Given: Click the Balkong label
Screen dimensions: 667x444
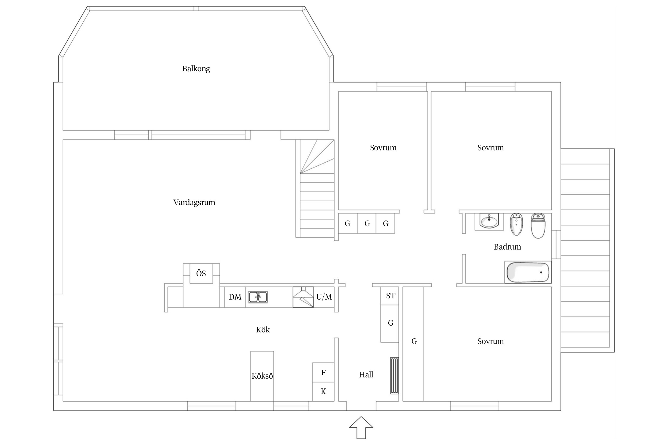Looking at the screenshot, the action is [196, 69].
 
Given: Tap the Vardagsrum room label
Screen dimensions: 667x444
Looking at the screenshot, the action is [194, 202].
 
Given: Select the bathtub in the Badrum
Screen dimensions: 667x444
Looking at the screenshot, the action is [528, 272].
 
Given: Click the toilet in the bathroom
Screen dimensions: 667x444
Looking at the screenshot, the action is [538, 226].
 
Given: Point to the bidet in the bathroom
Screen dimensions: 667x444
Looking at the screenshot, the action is [516, 224].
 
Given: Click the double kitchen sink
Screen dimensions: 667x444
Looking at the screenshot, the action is [258, 297].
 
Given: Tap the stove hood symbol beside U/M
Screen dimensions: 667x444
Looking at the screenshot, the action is [303, 297].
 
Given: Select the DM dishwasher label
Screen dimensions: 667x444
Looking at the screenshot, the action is [235, 297].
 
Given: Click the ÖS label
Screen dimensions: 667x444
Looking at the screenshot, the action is [201, 273].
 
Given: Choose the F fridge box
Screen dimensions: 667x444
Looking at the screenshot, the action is [323, 372].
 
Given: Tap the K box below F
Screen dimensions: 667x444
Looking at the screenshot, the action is [323, 392].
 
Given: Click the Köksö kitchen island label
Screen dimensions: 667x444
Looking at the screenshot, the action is [262, 376].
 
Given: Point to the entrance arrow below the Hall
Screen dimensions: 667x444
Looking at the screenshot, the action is [361, 427].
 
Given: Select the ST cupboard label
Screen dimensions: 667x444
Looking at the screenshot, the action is [391, 296].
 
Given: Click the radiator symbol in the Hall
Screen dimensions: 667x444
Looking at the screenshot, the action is [394, 376].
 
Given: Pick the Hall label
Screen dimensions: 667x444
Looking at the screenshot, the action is [366, 375].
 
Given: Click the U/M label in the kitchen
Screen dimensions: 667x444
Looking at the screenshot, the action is [324, 297].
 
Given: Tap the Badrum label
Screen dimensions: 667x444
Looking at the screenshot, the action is [507, 247].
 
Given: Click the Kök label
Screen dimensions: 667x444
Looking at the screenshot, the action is [263, 330].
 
